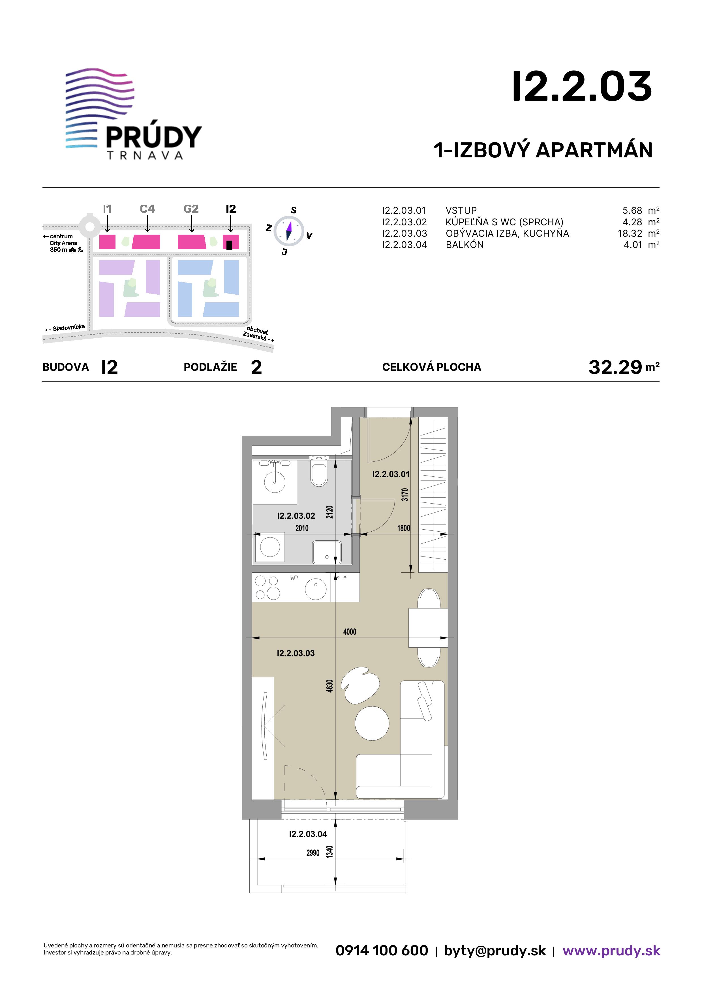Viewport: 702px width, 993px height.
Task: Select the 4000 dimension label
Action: click(x=350, y=632)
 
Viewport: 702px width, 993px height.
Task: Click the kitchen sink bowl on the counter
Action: click(x=316, y=588)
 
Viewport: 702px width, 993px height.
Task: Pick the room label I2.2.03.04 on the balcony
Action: click(x=308, y=834)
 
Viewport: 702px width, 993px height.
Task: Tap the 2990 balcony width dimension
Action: click(x=313, y=853)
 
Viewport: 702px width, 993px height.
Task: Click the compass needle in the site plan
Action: click(x=289, y=230)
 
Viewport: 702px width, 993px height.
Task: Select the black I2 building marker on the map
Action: click(x=229, y=245)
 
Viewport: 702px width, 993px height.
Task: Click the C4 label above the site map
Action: click(x=147, y=209)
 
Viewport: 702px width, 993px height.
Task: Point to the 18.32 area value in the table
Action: click(x=630, y=234)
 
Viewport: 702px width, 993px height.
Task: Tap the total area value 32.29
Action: click(x=615, y=367)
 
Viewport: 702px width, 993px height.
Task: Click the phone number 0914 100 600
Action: click(x=382, y=951)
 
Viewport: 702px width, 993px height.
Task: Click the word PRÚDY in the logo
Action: click(x=154, y=137)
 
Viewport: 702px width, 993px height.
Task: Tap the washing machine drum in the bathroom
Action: click(x=270, y=547)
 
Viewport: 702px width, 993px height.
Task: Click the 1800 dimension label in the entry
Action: click(x=404, y=528)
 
